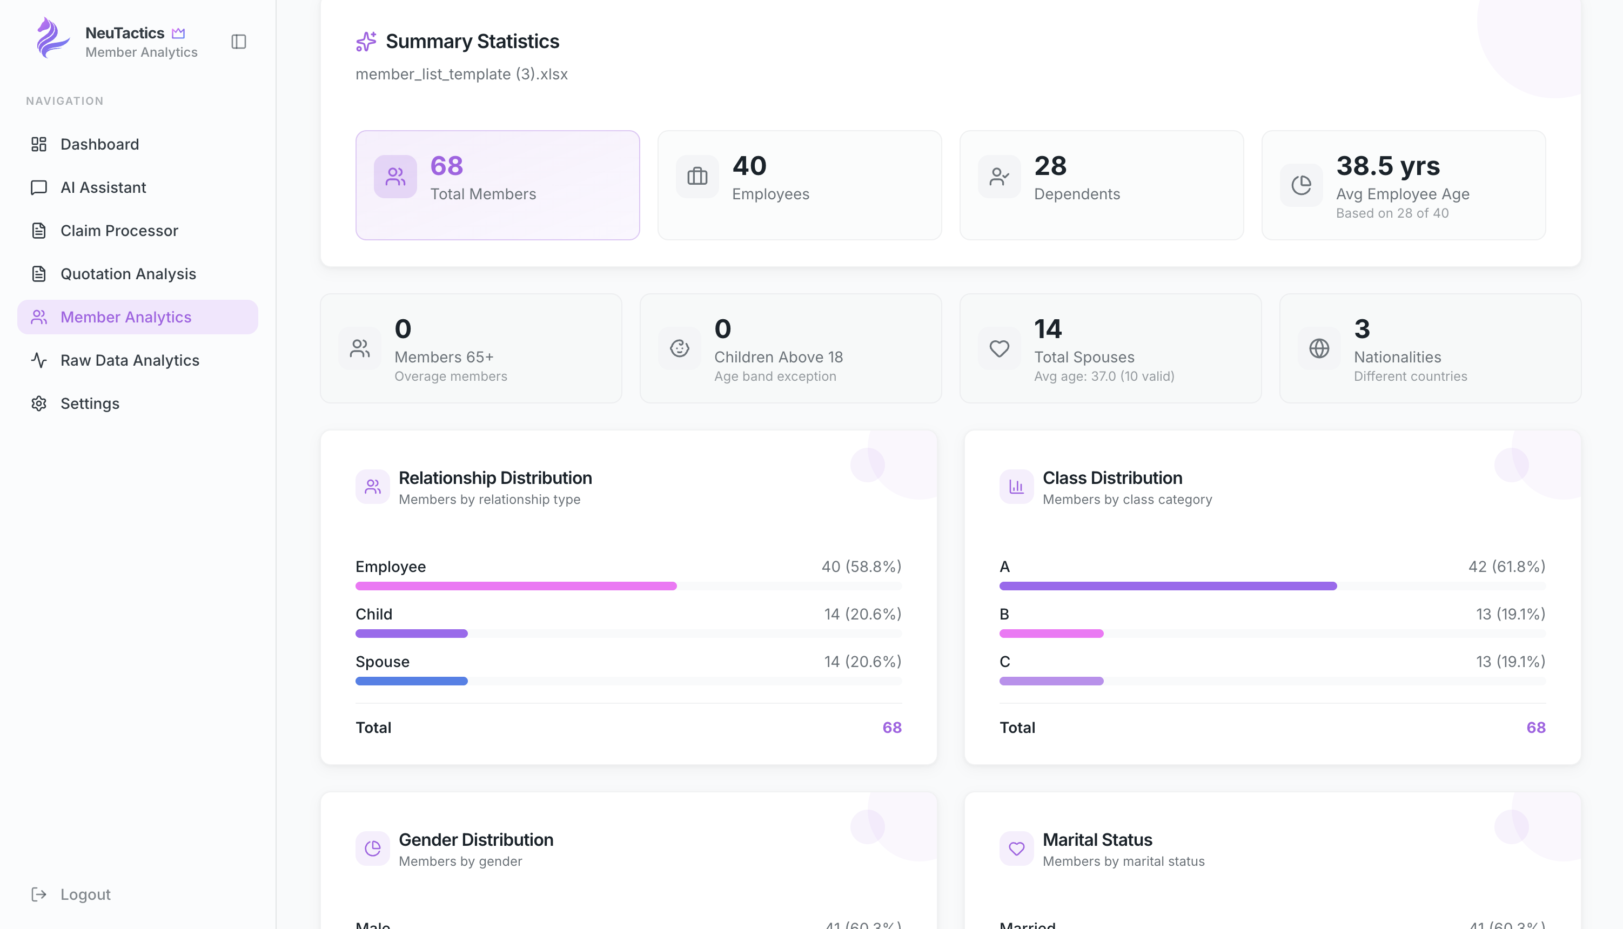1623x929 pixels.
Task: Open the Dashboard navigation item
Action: click(x=99, y=144)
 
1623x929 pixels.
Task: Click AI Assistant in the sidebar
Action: click(x=103, y=187)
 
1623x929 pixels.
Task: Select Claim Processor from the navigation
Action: click(x=119, y=230)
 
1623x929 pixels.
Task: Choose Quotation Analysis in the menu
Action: click(x=128, y=274)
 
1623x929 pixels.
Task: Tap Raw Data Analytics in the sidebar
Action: click(x=130, y=360)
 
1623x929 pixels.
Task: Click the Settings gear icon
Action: click(x=39, y=404)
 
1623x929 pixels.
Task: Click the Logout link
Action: click(x=85, y=894)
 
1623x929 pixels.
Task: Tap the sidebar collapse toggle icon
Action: click(x=239, y=42)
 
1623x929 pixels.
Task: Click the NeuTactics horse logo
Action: click(x=51, y=38)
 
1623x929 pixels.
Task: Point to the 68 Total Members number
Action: click(x=446, y=166)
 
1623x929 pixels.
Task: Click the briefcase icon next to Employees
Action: click(x=697, y=176)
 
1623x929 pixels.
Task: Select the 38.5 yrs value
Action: click(x=1387, y=166)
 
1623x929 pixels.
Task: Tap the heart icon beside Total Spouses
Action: click(x=999, y=348)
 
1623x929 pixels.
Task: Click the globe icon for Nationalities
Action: click(x=1319, y=348)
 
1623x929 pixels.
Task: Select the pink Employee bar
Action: click(x=515, y=585)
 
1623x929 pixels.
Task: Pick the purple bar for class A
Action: click(x=1168, y=585)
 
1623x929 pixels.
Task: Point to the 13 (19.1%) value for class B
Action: click(x=1510, y=614)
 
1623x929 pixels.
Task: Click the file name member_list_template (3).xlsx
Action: click(x=461, y=74)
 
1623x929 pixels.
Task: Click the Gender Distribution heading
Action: click(x=475, y=840)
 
